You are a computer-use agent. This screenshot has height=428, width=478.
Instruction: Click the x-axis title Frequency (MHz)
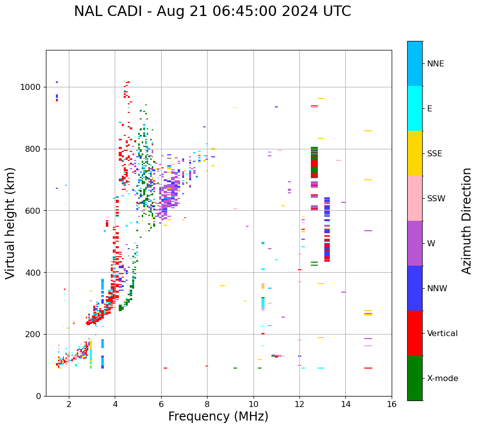(218, 417)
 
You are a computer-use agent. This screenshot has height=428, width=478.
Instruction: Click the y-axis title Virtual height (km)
(10, 223)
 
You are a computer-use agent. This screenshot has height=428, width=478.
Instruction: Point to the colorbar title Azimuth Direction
(467, 221)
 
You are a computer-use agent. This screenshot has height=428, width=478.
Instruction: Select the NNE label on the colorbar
(435, 64)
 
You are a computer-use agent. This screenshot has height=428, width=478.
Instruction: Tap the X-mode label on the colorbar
(442, 379)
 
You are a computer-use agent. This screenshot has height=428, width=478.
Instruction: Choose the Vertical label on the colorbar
(442, 334)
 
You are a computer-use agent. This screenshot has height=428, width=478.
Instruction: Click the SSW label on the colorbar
(436, 199)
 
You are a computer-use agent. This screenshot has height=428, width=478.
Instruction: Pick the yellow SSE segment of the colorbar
(415, 153)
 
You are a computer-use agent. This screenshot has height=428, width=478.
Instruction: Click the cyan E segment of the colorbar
(415, 108)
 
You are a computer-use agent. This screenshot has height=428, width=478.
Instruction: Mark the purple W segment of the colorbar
(415, 243)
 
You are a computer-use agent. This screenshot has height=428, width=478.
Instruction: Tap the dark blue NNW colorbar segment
(415, 288)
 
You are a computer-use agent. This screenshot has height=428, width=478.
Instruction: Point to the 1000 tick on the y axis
(31, 87)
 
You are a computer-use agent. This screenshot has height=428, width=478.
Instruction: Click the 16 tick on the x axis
(392, 404)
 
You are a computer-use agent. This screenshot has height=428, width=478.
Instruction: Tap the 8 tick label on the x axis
(207, 404)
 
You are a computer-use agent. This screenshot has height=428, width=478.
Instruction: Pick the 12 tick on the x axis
(299, 404)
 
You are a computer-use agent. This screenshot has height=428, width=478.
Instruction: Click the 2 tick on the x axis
(69, 404)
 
